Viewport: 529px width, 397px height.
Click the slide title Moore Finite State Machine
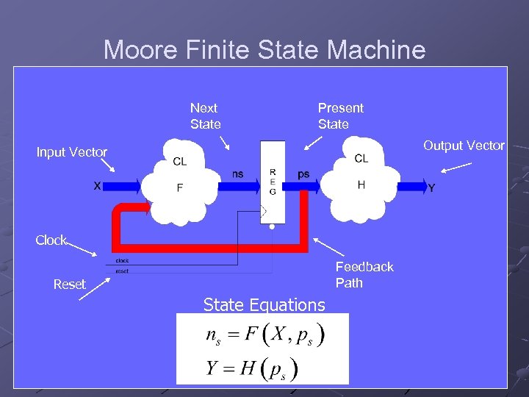[x=264, y=50]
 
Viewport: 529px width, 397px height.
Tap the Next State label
[x=205, y=116]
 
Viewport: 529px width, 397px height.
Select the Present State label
[x=340, y=116]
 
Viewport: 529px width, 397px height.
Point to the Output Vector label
[x=464, y=146]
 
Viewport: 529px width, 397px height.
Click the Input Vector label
[x=72, y=152]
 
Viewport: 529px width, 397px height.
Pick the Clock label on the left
[x=51, y=240]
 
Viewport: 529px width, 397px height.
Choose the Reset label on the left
[x=70, y=285]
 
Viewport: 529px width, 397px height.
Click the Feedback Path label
[x=364, y=275]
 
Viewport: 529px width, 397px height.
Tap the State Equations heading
[x=264, y=304]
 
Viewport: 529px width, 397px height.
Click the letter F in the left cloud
[x=180, y=187]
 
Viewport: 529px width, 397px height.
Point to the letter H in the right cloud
[x=361, y=185]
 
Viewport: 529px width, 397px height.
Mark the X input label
[x=97, y=187]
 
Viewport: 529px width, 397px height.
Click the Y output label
[x=431, y=188]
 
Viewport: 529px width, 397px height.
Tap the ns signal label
[x=238, y=174]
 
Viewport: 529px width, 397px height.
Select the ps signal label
[x=303, y=174]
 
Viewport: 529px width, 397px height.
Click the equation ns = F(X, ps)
[x=265, y=336]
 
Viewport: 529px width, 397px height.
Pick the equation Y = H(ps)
[x=252, y=368]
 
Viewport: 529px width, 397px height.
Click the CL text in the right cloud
[x=361, y=159]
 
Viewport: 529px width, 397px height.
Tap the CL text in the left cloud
[x=179, y=162]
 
